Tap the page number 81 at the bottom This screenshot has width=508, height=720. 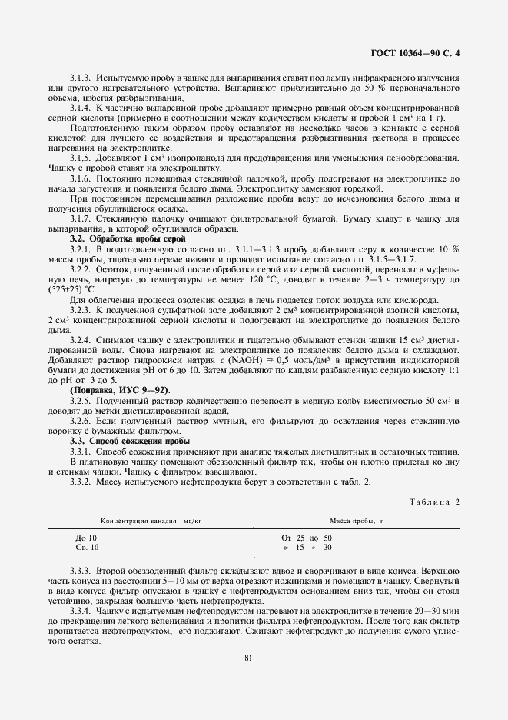(x=248, y=657)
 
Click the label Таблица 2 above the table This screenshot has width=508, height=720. (x=433, y=501)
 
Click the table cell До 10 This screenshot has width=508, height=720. (x=86, y=537)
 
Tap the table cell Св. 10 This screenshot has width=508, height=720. (x=87, y=547)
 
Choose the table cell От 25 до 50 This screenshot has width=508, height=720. (x=307, y=537)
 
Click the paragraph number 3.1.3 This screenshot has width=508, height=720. (x=82, y=78)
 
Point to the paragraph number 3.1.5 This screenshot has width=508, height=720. (x=82, y=158)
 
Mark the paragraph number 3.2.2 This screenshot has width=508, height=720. (x=82, y=270)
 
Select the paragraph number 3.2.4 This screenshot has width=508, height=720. (x=82, y=339)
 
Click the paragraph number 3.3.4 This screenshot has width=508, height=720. (x=82, y=610)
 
